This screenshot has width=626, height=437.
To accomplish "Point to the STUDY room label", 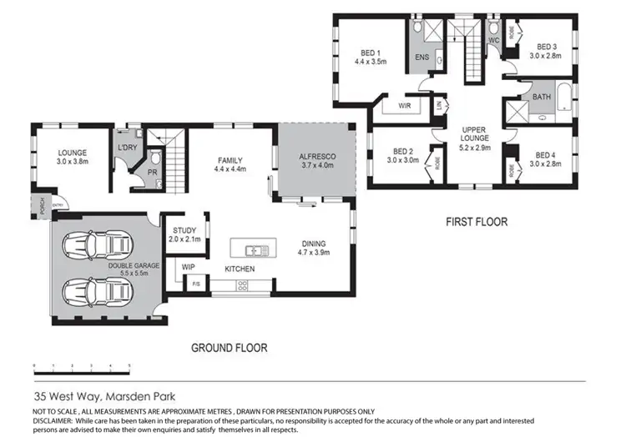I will click(184, 231).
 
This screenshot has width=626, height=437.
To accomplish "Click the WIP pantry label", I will click(189, 268).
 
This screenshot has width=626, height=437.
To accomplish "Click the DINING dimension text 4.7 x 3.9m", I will click(316, 253).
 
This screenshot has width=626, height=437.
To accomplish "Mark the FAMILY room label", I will click(230, 160).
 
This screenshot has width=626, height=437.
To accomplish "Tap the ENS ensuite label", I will click(422, 58).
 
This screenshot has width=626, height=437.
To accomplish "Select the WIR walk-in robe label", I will click(405, 106).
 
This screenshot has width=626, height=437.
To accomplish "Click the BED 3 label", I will click(546, 47).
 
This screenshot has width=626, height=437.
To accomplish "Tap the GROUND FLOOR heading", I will click(229, 346).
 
